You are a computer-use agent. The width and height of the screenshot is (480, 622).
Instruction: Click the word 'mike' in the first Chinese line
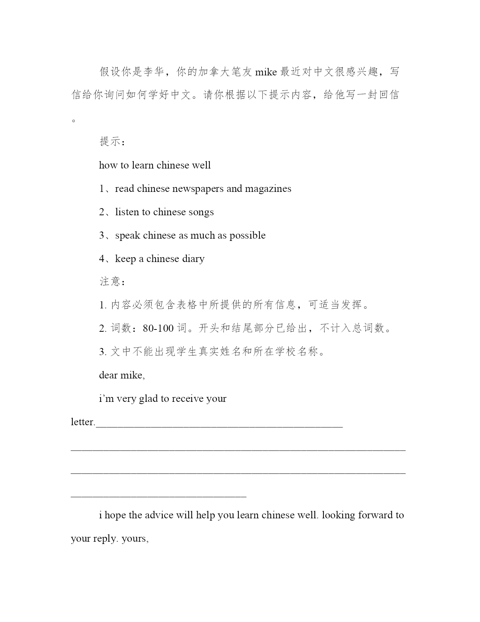point(266,72)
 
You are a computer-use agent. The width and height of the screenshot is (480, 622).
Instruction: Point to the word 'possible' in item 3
point(247,236)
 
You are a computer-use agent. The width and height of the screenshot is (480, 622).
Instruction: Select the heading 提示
point(110,142)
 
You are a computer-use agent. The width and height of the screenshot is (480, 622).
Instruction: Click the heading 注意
point(110,282)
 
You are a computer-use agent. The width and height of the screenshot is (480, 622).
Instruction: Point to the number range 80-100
point(158,328)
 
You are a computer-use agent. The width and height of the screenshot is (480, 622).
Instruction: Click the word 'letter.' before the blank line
point(83,422)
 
